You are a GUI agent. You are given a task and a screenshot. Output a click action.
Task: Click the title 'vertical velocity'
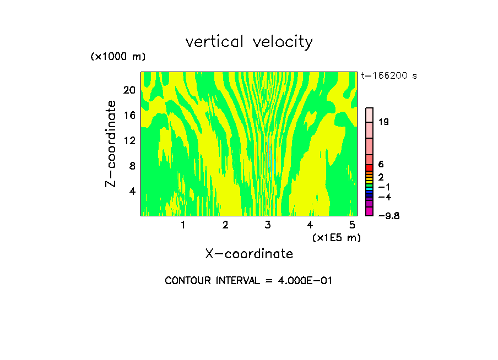coord(249,42)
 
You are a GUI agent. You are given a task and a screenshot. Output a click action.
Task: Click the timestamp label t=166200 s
coord(388,76)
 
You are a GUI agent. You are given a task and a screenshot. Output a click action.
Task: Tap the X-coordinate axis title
coord(249,254)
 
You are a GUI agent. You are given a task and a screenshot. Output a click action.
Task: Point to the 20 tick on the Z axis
coord(129,90)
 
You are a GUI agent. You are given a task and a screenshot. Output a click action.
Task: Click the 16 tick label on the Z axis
coord(129,115)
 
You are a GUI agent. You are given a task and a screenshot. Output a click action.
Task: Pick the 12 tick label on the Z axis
coord(129,140)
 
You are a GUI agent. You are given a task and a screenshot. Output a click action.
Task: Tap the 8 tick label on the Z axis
coord(132,166)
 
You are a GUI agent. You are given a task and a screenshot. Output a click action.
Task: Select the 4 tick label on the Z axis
coord(132,191)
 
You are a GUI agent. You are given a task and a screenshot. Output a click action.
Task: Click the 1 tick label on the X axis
coord(183,225)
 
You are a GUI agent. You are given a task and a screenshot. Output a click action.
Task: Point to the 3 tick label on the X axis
coord(268,225)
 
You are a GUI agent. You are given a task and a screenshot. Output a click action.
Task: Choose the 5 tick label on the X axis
coord(352,225)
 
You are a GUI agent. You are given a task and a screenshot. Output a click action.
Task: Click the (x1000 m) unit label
coord(118,57)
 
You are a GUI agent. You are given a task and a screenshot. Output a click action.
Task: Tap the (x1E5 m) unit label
coord(336,237)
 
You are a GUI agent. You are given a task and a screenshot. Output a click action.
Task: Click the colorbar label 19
coord(384,122)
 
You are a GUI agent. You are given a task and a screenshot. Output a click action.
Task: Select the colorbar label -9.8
coord(388,216)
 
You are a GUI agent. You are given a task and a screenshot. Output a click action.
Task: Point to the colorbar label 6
coord(381,165)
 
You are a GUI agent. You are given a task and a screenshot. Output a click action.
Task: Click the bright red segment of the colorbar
coord(370,167)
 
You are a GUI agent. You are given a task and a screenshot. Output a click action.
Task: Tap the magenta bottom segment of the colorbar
coord(370,212)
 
